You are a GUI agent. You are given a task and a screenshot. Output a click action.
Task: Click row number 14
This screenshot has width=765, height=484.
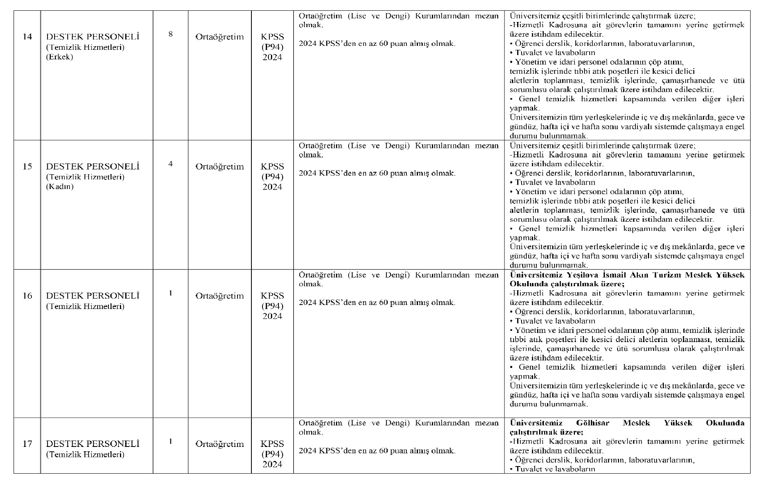click(x=27, y=37)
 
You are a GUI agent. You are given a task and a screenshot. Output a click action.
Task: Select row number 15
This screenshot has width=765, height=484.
click(x=27, y=166)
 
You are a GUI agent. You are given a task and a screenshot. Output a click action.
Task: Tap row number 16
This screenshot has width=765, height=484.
click(x=27, y=296)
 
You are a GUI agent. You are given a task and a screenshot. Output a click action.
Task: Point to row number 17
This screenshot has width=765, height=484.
click(x=27, y=444)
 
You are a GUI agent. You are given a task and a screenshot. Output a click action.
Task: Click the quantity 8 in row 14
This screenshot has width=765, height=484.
click(x=171, y=34)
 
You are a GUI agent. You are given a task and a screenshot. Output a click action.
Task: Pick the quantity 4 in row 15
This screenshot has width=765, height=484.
click(x=171, y=163)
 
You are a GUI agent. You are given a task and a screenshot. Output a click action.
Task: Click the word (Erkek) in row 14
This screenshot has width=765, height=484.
click(x=59, y=57)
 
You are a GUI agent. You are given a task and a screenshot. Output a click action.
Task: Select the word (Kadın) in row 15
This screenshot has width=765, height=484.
click(x=60, y=187)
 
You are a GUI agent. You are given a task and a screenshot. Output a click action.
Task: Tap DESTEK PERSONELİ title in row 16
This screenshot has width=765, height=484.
click(x=92, y=296)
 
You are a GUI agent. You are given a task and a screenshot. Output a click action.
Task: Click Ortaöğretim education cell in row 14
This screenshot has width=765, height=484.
click(x=220, y=37)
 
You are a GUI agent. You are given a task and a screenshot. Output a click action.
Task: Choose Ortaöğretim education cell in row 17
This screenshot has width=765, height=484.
click(x=220, y=444)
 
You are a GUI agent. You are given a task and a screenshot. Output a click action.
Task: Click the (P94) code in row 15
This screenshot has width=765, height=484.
click(x=273, y=177)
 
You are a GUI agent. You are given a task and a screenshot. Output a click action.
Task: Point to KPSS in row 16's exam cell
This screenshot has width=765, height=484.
click(x=273, y=296)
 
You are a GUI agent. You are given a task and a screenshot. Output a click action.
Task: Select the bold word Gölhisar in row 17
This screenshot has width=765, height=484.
click(x=593, y=423)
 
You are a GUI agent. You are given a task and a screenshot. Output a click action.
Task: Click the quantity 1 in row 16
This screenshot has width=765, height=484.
click(x=171, y=293)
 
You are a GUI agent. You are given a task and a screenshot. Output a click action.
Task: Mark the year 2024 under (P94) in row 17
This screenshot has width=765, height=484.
click(x=273, y=464)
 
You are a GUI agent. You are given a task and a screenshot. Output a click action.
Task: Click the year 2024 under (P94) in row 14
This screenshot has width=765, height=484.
click(x=273, y=57)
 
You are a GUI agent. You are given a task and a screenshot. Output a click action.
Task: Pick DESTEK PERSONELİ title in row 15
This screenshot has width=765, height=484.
click(x=92, y=166)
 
